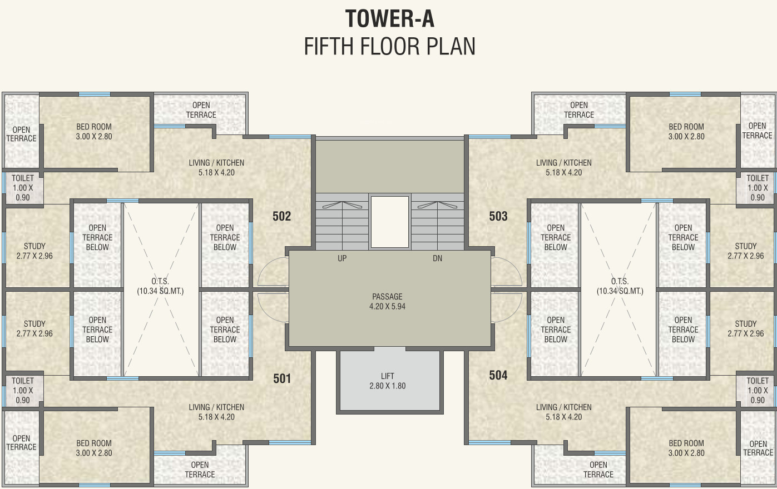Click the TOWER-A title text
[x=389, y=19]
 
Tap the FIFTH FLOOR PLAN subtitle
[x=389, y=47]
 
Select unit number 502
[x=281, y=216]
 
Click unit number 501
[x=282, y=378]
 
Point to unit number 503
[x=498, y=216]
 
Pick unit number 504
[x=498, y=375]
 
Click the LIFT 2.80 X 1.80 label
[x=388, y=381]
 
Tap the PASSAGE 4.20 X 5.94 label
[x=388, y=302]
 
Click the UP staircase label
[x=342, y=258]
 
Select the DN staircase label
[x=437, y=258]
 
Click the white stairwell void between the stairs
[x=390, y=222]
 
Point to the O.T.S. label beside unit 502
[x=160, y=286]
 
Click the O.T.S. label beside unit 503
[x=620, y=286]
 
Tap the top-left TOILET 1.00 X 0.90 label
[x=23, y=188]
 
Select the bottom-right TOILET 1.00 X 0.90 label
[x=758, y=390]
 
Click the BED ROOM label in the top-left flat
[x=94, y=132]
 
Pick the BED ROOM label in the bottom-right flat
[x=686, y=448]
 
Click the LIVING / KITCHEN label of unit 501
[x=216, y=412]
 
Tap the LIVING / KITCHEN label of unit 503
[x=564, y=167]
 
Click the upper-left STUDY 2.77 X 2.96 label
[x=34, y=251]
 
